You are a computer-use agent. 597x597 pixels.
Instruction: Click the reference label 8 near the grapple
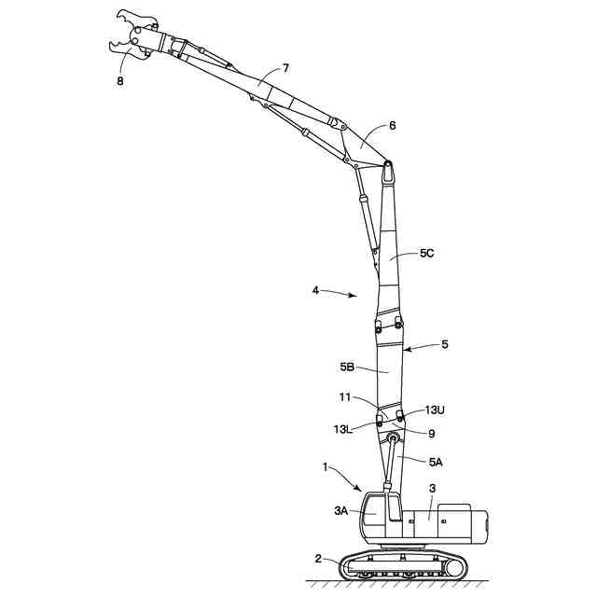118,81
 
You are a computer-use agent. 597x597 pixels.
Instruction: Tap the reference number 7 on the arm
285,68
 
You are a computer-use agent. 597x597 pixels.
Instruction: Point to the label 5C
427,253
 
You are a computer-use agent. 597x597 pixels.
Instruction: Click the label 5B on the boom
345,368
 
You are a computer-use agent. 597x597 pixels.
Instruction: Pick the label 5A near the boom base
436,462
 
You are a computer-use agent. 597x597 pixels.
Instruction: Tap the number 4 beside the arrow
315,290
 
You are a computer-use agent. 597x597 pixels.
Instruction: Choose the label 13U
435,410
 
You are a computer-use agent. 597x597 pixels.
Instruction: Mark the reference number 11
346,398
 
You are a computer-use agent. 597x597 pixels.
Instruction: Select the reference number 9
431,434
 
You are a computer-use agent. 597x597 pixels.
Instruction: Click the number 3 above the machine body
431,488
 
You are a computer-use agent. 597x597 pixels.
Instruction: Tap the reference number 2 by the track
318,559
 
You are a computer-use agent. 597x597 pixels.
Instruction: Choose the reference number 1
325,465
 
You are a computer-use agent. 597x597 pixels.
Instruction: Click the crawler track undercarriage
402,565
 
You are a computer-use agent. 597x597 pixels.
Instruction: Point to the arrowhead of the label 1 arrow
361,490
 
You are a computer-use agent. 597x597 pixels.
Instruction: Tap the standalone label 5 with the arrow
445,344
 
